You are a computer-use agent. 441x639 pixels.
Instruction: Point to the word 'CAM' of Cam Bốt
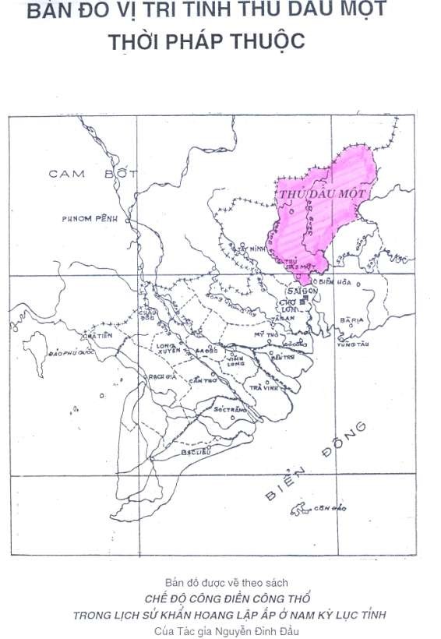(x=67, y=173)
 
